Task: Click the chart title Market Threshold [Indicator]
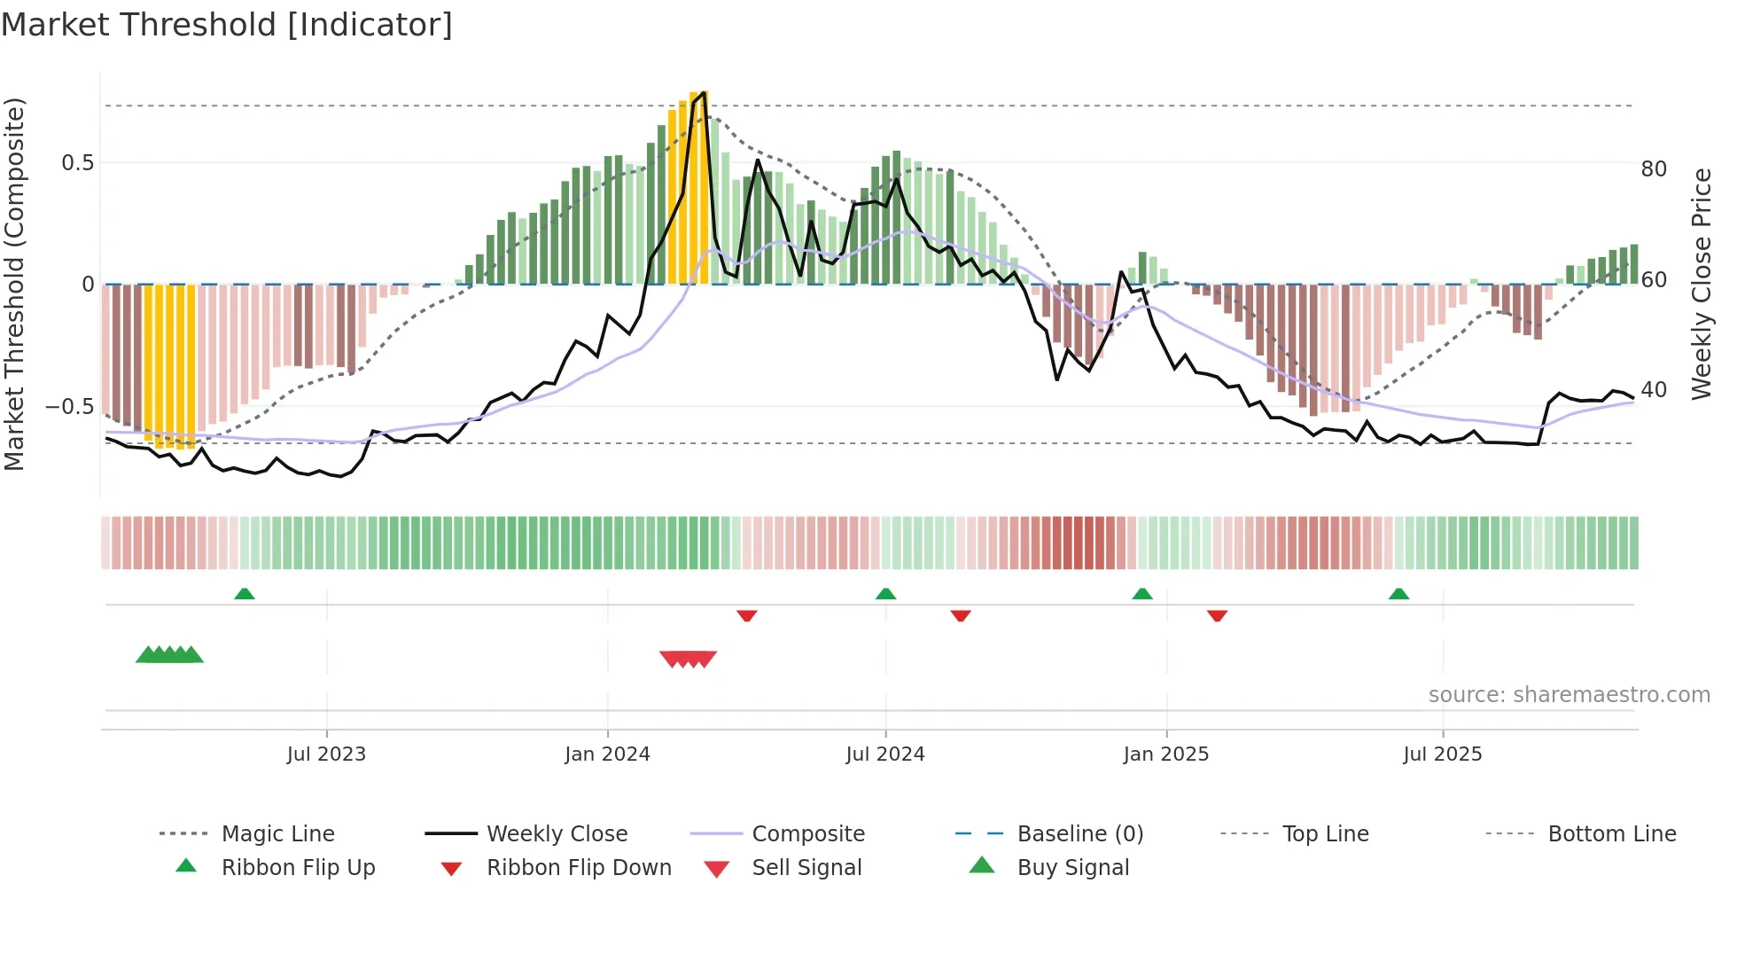(x=227, y=25)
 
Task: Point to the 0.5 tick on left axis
(x=78, y=163)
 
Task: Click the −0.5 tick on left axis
(x=70, y=407)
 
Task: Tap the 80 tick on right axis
(x=1654, y=169)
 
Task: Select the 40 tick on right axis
(x=1654, y=390)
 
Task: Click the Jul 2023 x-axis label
(x=326, y=754)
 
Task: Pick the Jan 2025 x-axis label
(x=1165, y=754)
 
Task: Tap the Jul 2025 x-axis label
(x=1442, y=754)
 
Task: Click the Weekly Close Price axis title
(x=1701, y=284)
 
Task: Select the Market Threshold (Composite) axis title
(x=15, y=284)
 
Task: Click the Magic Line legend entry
(x=277, y=834)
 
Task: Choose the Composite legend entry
(x=807, y=834)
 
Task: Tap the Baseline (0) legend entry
(x=1079, y=834)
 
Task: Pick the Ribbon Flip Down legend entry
(x=579, y=868)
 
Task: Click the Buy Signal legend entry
(x=1072, y=868)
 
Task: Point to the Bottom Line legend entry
(x=1611, y=834)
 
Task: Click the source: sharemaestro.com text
(x=1569, y=695)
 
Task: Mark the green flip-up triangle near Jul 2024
(x=885, y=594)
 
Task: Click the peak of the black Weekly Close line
(x=704, y=92)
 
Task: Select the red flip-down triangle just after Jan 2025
(x=1217, y=615)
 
